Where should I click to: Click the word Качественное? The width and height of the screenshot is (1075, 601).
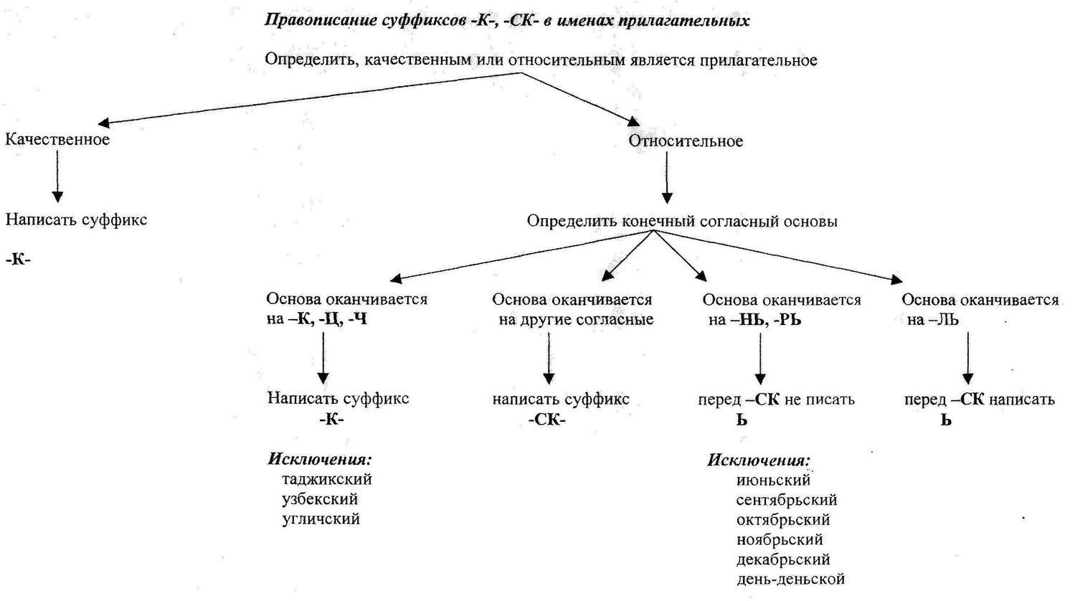click(57, 140)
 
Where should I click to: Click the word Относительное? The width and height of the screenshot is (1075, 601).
click(686, 141)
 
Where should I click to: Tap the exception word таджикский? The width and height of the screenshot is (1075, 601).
click(327, 479)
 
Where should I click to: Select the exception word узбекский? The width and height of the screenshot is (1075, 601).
click(320, 499)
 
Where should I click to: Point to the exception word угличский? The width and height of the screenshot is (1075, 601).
click(321, 519)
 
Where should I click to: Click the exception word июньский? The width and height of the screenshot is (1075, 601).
click(773, 480)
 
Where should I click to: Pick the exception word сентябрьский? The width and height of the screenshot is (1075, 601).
click(787, 500)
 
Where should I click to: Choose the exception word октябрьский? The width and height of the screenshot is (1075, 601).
click(783, 520)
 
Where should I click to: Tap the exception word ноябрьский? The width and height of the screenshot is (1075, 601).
click(780, 539)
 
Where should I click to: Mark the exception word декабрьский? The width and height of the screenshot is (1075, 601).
click(783, 559)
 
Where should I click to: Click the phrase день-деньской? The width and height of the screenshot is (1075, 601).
click(790, 579)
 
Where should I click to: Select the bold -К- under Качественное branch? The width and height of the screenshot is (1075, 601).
click(18, 260)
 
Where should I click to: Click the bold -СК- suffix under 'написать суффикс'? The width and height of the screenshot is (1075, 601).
click(547, 420)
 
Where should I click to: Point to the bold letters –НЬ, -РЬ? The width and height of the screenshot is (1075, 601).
click(766, 320)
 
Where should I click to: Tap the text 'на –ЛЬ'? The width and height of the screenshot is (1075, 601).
click(932, 320)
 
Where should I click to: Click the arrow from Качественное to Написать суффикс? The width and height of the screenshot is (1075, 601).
click(57, 176)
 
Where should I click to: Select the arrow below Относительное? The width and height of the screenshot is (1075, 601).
click(667, 178)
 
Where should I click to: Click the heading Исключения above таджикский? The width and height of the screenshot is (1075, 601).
click(320, 460)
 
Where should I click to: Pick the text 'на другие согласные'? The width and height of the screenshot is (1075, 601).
click(576, 320)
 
